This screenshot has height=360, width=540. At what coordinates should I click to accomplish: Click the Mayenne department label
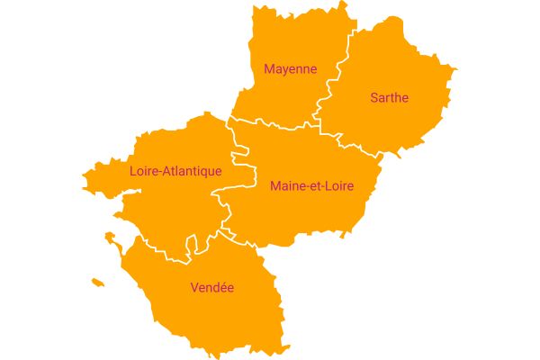click(290, 68)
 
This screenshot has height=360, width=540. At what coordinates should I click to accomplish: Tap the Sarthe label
click(389, 97)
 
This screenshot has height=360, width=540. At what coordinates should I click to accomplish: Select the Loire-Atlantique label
click(175, 171)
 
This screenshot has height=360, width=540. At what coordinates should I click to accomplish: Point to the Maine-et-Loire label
click(311, 186)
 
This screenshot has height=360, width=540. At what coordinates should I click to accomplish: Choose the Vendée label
click(212, 288)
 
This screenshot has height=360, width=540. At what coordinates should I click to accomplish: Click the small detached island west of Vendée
click(97, 283)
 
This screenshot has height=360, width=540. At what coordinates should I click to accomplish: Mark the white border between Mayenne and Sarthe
click(335, 76)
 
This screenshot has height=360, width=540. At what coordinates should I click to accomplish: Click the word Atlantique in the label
click(192, 171)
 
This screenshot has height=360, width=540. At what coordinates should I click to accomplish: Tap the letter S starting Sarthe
click(374, 97)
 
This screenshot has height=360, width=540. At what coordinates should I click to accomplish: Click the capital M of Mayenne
click(268, 68)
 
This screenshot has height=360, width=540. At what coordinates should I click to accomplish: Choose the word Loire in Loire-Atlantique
click(143, 171)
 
